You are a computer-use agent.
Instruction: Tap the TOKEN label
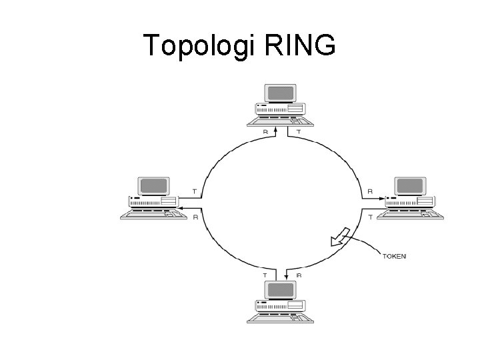[395, 255]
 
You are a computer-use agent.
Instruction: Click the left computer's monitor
[153, 187]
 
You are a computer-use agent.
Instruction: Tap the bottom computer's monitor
[281, 290]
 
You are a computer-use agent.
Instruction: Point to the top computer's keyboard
[281, 121]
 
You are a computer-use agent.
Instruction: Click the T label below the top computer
[298, 132]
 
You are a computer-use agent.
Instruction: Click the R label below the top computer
[265, 132]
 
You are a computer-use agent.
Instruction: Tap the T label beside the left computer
[194, 192]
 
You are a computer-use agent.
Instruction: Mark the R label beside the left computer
[195, 217]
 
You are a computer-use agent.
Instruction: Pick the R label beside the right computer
[370, 192]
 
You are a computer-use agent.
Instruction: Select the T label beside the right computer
[370, 217]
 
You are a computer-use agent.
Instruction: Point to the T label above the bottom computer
[265, 274]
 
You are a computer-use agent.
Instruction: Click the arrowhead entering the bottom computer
[287, 276]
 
